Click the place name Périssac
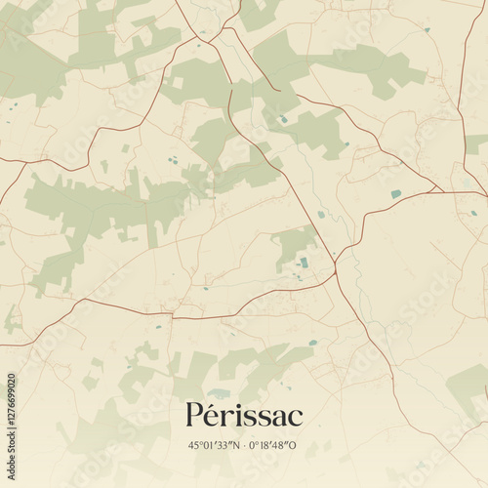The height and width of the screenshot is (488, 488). (244, 415)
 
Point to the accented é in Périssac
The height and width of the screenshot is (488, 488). (215, 416)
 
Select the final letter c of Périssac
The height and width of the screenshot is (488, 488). (296, 418)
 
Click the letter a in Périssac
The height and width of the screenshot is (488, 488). (278, 418)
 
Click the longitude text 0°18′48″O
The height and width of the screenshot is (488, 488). (274, 445)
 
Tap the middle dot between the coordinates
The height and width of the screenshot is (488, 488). (245, 445)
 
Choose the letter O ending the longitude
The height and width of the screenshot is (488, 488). (296, 445)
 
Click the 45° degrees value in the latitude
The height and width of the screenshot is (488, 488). (196, 445)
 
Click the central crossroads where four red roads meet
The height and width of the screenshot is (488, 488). (335, 261)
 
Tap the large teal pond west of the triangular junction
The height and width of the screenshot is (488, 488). (395, 194)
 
